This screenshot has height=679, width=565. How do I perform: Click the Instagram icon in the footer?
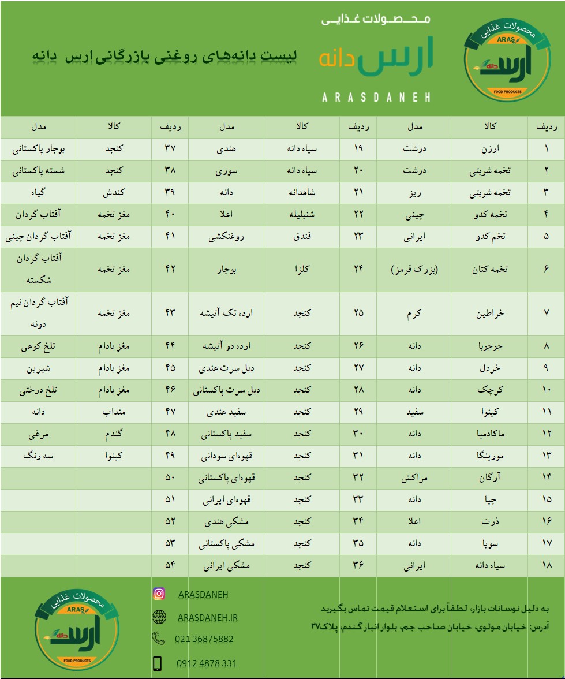pyautogui.click(x=159, y=594)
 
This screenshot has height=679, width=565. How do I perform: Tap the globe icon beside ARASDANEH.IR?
pyautogui.click(x=159, y=617)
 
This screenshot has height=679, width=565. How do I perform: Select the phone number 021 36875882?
pyautogui.click(x=204, y=639)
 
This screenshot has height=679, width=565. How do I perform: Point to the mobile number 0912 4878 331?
pyautogui.click(x=206, y=663)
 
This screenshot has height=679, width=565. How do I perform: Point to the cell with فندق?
pyautogui.click(x=302, y=237)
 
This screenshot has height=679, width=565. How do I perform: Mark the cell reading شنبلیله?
pyautogui.click(x=302, y=215)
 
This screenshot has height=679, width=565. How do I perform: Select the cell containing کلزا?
pyautogui.click(x=302, y=270)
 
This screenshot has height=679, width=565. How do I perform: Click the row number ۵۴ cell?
pyautogui.click(x=170, y=566)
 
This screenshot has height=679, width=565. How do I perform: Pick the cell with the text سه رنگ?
pyautogui.click(x=39, y=456)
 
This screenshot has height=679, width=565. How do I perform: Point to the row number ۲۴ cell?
pyautogui.click(x=358, y=270)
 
